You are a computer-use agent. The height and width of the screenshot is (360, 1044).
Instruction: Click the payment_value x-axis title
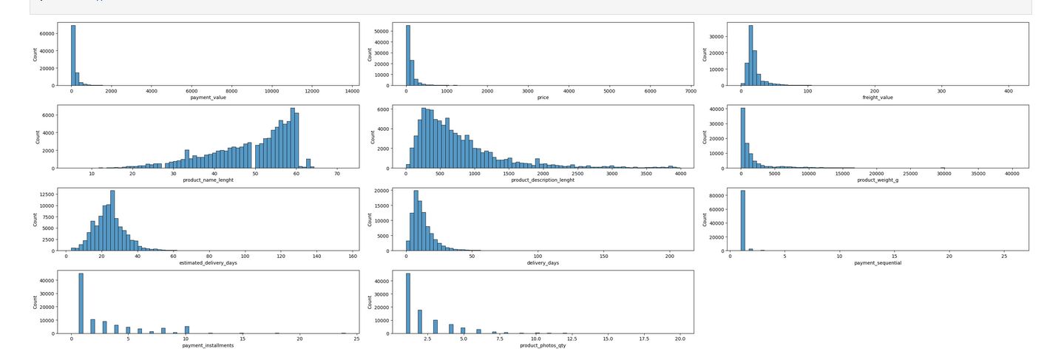tap(209, 98)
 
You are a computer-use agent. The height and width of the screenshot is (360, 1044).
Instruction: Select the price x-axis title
tap(543, 98)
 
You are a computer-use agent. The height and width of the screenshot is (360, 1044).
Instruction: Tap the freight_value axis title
tap(878, 98)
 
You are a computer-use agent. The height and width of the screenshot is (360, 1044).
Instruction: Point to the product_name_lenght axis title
tap(208, 180)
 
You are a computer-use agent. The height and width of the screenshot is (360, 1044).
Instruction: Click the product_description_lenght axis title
tap(543, 180)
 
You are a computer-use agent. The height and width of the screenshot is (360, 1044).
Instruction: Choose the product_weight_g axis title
tap(878, 180)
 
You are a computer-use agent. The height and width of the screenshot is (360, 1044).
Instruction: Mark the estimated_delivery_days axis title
tap(208, 263)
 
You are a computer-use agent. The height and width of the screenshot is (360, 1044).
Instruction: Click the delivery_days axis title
tap(543, 263)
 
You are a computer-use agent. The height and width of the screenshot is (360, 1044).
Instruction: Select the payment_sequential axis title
tap(878, 263)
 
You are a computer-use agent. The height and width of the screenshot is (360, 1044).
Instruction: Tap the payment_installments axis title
tap(208, 346)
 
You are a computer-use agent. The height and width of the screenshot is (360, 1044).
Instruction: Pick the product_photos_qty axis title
tap(543, 346)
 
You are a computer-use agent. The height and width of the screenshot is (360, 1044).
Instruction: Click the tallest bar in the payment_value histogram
tap(72, 55)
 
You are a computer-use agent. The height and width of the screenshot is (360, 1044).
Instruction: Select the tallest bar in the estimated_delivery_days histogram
tap(112, 221)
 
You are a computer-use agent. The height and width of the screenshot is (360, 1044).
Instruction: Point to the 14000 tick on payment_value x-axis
tap(352, 91)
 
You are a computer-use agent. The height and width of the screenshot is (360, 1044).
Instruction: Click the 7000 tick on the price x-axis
tap(691, 91)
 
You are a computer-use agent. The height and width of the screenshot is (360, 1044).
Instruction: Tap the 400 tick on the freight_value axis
tap(1008, 91)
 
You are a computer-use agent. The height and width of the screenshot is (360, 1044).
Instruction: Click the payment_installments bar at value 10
tap(186, 330)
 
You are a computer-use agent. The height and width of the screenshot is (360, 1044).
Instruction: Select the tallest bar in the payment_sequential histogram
tap(743, 221)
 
